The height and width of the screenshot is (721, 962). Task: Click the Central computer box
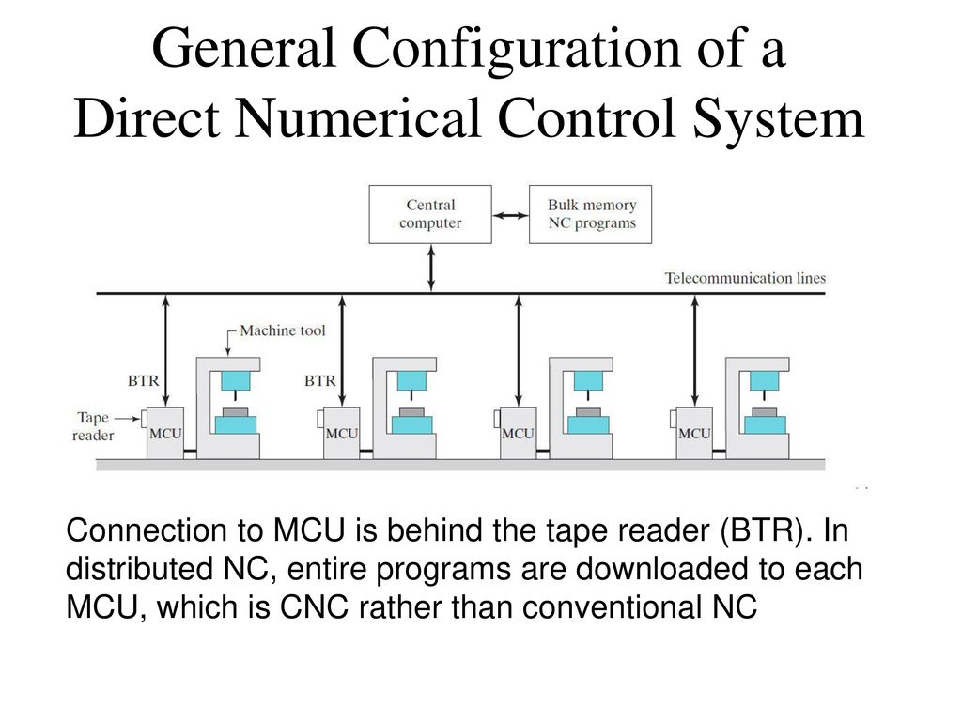point(430,214)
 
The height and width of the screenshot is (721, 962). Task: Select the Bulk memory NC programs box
point(591,214)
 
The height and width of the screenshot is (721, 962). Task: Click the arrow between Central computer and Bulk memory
point(510,215)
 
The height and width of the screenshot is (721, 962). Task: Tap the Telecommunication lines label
point(745,278)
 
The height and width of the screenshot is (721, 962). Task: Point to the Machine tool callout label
point(282,330)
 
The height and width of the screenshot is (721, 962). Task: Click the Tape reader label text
point(94,426)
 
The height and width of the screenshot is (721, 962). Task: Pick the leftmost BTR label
point(144,381)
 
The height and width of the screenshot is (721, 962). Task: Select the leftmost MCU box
point(165,433)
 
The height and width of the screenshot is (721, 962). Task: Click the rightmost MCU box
point(694,433)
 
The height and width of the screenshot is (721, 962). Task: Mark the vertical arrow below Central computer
point(431,268)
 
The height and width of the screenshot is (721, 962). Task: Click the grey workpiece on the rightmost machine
point(764,412)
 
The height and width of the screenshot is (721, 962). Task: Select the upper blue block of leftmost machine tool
point(236,380)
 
